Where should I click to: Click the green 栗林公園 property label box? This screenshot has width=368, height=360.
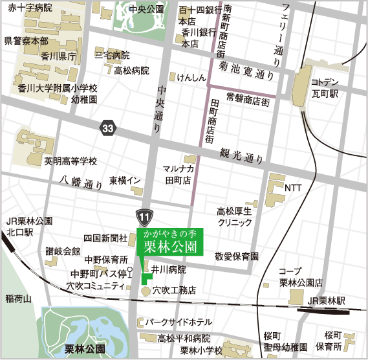169,242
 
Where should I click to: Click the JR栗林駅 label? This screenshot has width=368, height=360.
326,301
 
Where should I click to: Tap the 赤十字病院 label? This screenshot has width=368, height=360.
30,9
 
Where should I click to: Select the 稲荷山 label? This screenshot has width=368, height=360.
17,298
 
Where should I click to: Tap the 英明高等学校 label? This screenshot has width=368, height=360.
70,161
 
